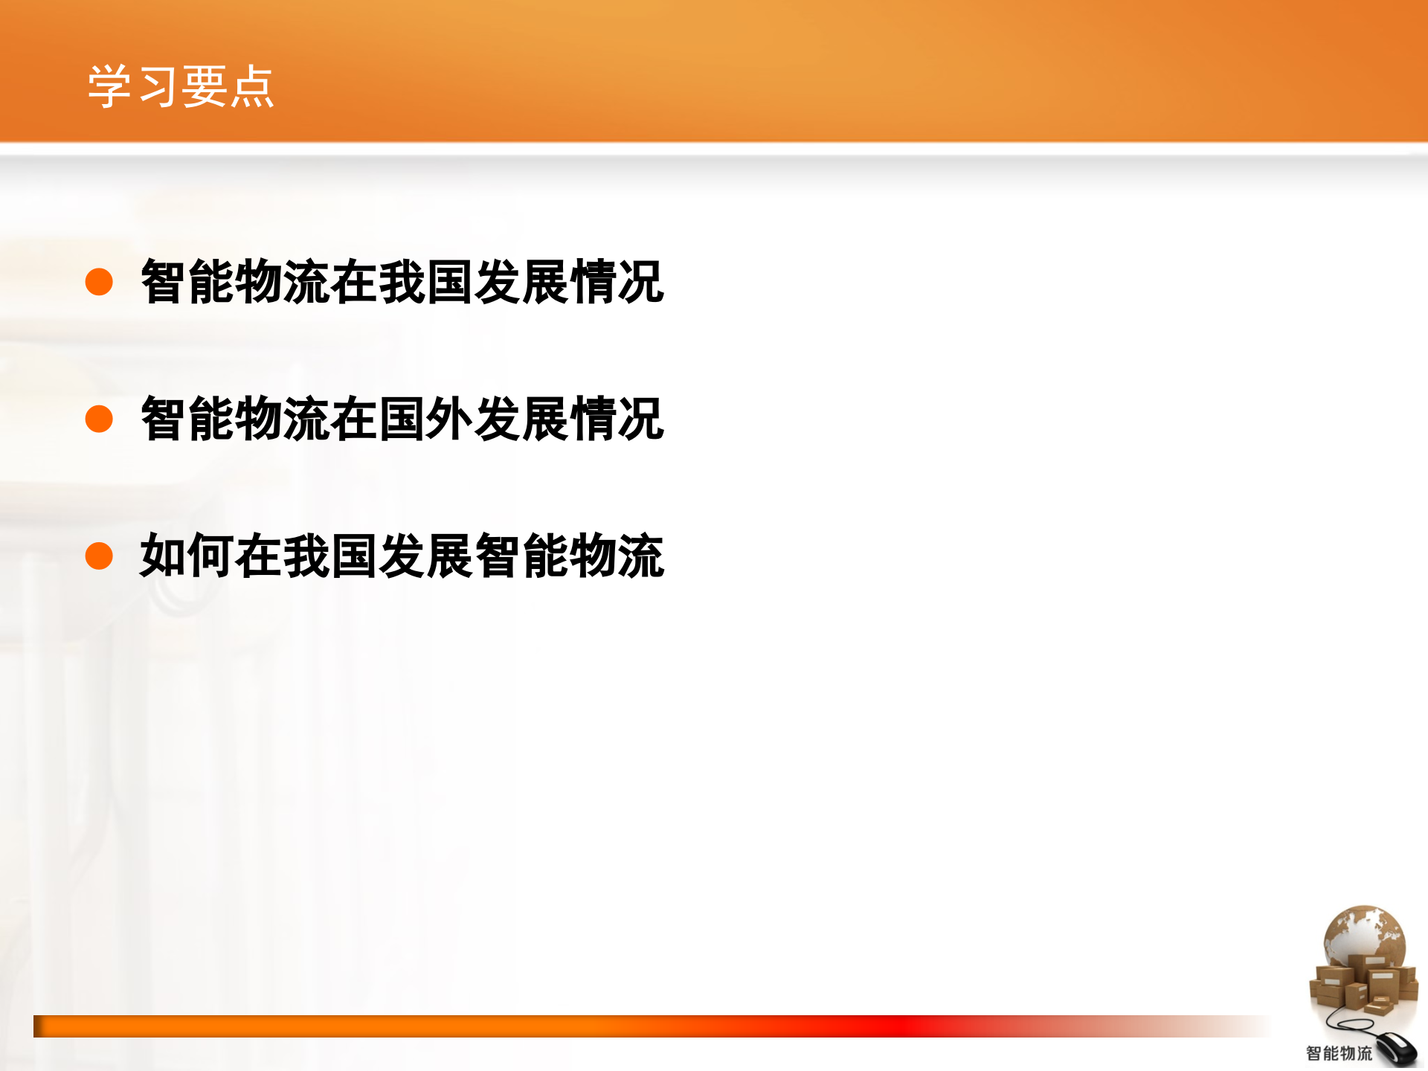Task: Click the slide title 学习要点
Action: point(181,86)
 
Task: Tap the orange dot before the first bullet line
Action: point(99,282)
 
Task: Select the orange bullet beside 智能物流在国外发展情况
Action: point(99,419)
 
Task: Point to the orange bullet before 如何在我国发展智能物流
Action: point(99,556)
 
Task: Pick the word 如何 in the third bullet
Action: point(187,556)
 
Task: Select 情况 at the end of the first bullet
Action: point(616,282)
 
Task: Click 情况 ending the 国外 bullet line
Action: point(616,419)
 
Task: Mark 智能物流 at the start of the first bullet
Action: point(235,282)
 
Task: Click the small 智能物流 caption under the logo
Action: point(1339,1053)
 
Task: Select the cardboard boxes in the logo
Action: point(1361,985)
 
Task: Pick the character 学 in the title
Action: point(110,86)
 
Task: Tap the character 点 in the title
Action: point(251,86)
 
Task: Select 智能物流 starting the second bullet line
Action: point(235,419)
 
